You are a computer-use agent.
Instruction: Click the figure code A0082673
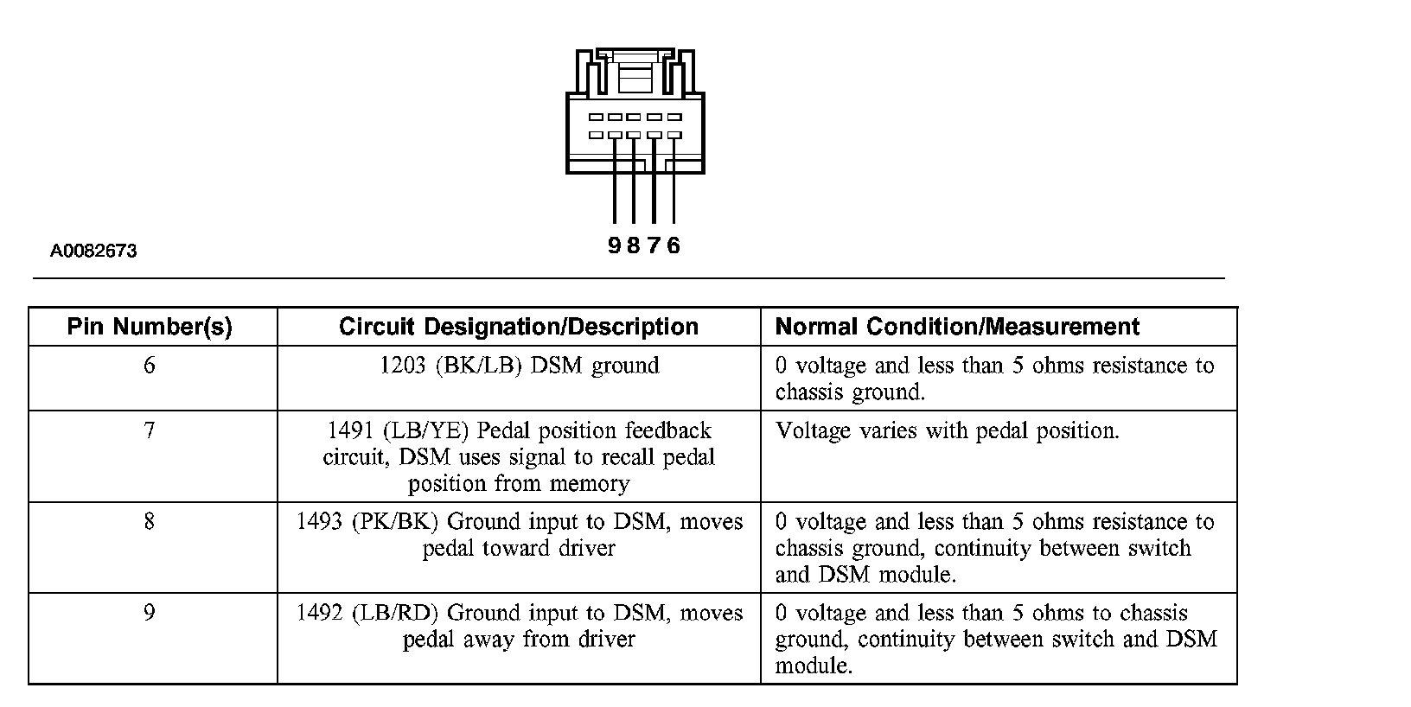(x=93, y=252)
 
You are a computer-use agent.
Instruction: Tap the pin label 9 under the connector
(x=614, y=245)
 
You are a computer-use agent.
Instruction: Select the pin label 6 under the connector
(x=674, y=245)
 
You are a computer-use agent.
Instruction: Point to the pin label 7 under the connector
(x=654, y=245)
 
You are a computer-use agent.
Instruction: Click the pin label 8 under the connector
(x=634, y=245)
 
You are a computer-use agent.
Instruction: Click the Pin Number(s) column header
(x=150, y=327)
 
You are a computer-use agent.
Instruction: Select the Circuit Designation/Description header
(x=519, y=327)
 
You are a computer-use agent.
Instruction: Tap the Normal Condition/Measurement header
(x=957, y=327)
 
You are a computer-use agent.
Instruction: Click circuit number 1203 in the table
(x=403, y=365)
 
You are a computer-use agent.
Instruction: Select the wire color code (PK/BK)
(x=394, y=522)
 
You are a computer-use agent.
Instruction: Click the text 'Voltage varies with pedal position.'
(x=947, y=431)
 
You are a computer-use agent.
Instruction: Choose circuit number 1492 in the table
(x=319, y=613)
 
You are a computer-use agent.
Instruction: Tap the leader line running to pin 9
(x=615, y=180)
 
